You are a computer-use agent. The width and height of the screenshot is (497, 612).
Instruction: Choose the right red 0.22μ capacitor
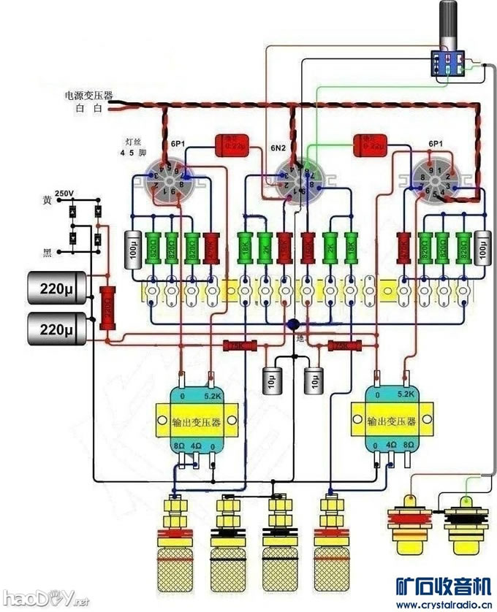tap(369, 146)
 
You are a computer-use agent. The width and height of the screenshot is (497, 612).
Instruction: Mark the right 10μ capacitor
tap(314, 379)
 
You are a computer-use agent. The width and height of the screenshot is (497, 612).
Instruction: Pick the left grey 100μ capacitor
tap(132, 250)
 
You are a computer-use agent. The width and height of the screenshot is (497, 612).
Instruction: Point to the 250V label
tap(64, 194)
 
